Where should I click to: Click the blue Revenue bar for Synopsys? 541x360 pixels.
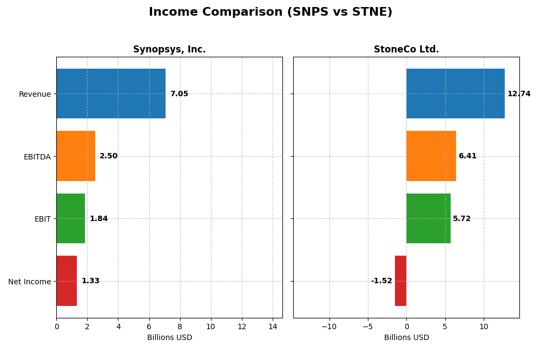coord(111,94)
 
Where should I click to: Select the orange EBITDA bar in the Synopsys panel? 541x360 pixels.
coord(76,156)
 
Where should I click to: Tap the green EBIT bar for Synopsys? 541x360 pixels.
coord(70,218)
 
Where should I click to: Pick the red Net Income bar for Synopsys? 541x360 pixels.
coord(67,281)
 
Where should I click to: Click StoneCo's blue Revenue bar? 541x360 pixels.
coord(456,94)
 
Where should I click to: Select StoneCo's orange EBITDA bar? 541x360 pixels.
coord(431,156)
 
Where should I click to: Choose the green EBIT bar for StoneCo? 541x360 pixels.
coord(428,218)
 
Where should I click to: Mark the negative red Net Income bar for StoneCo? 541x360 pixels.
coord(400,281)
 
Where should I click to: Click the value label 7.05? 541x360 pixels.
coord(179,94)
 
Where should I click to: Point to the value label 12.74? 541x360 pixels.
coord(519,94)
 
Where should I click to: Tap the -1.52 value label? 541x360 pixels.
coord(381,281)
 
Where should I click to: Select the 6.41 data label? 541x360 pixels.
coord(467,156)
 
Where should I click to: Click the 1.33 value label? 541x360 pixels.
coord(90,281)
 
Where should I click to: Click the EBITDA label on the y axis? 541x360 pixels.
coord(37,157)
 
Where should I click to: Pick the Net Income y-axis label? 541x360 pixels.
coord(30,282)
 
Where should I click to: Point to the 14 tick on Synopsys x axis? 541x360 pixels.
coord(273,326)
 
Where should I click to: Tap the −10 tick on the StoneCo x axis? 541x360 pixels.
coord(329,326)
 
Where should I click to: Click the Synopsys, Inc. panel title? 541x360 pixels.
coord(169,50)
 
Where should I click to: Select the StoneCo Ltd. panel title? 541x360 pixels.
coord(406,50)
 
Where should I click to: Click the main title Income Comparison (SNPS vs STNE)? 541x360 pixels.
coord(270,12)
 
